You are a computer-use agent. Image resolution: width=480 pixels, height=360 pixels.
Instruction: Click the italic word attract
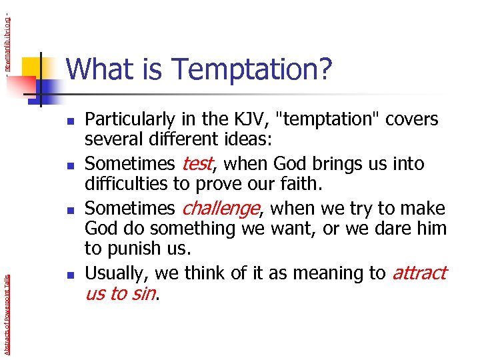[419, 273]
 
